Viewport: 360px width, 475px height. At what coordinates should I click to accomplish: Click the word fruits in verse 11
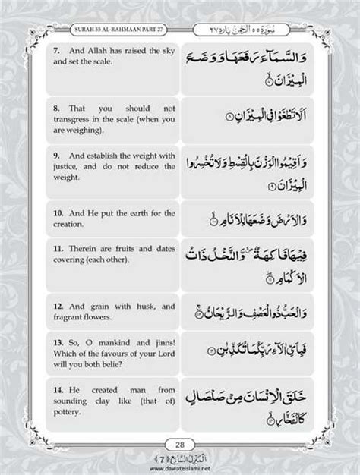(x=127, y=249)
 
